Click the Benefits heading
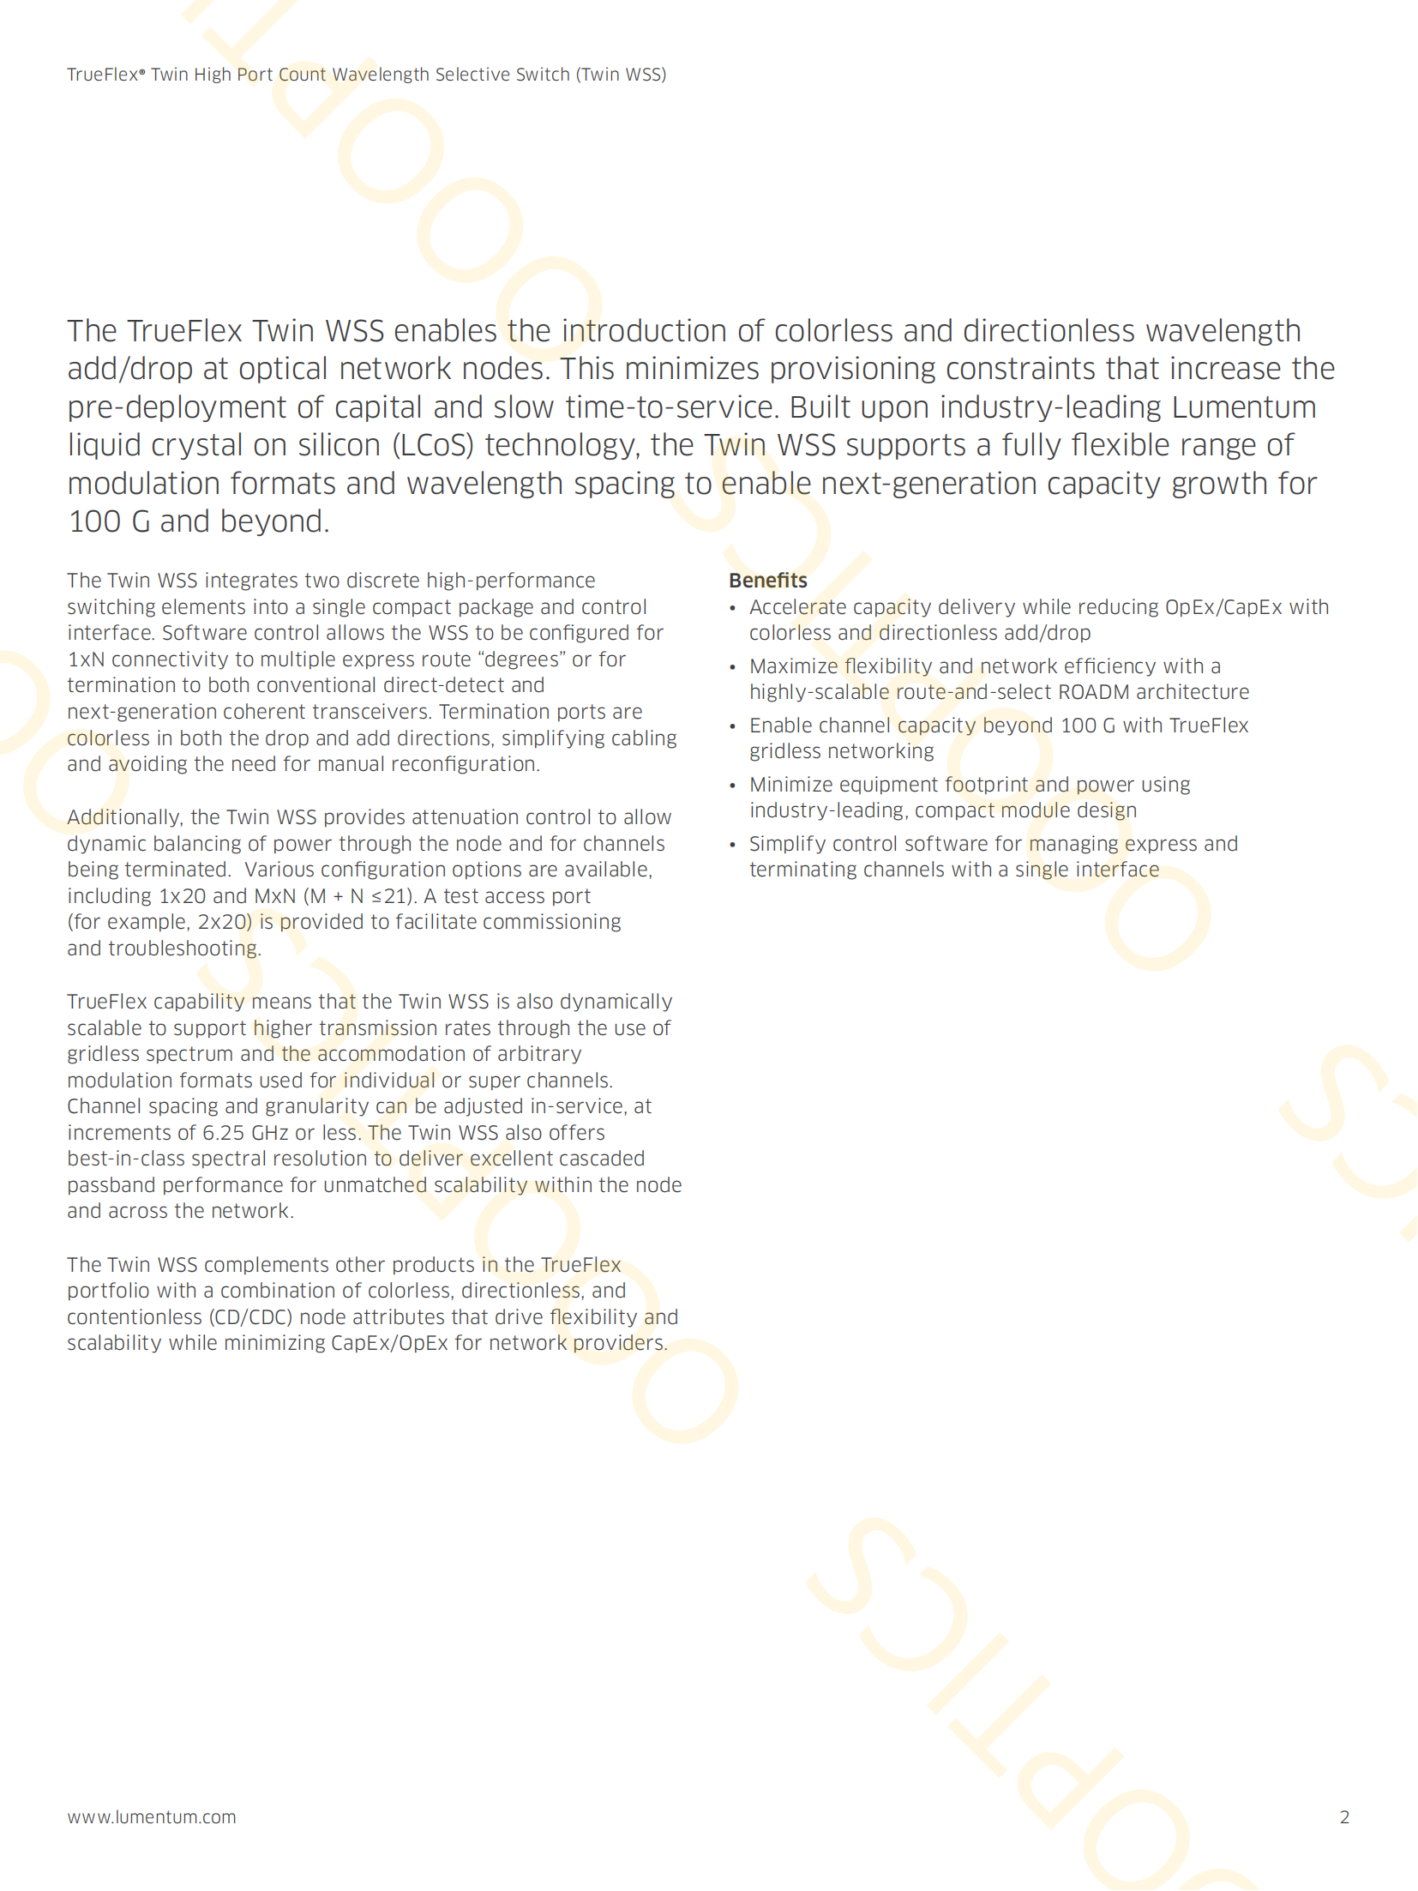[x=767, y=581]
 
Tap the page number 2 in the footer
[x=1344, y=1816]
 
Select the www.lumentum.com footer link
[x=152, y=1816]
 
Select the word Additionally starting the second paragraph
[x=123, y=817]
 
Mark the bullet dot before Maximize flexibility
[x=733, y=667]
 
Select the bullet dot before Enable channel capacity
[x=733, y=726]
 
